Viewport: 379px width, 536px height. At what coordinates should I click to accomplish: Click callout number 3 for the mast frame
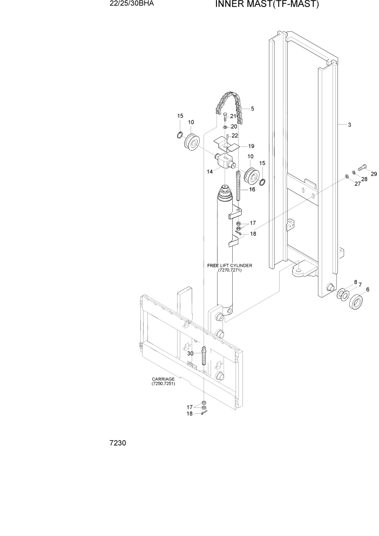tap(349, 125)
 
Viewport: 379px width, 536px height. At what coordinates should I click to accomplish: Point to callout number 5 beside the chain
tap(252, 109)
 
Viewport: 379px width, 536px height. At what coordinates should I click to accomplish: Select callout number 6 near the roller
tap(368, 290)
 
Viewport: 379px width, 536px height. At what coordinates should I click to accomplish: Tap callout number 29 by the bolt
tap(373, 173)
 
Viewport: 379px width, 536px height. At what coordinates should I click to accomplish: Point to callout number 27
tap(356, 184)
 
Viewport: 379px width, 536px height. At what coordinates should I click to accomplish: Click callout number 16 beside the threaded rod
tap(252, 190)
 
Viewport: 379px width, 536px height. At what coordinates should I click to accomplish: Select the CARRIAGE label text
tap(164, 381)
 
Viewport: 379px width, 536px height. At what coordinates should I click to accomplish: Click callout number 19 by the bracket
tap(252, 146)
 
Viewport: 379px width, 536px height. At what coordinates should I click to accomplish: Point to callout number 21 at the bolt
tap(233, 116)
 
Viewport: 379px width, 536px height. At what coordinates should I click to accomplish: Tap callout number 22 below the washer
tap(234, 136)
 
